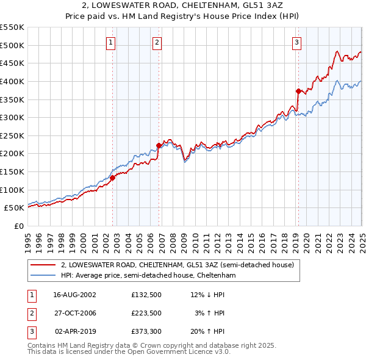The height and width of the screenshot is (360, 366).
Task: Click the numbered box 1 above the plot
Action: pyautogui.click(x=110, y=42)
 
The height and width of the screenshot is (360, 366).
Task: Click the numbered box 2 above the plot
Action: pyautogui.click(x=157, y=42)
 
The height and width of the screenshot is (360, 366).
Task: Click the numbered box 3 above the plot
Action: pyautogui.click(x=296, y=42)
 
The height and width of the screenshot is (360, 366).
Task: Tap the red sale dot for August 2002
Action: pyautogui.click(x=113, y=178)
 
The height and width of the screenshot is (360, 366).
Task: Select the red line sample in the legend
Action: pyautogui.click(x=44, y=265)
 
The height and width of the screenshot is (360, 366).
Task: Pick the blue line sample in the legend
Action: pyautogui.click(x=44, y=276)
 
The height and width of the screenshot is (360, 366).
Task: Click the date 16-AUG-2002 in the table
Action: pyautogui.click(x=74, y=294)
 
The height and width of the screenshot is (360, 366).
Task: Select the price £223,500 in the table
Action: pyautogui.click(x=145, y=313)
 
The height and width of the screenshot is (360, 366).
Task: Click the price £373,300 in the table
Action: pyautogui.click(x=145, y=333)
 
